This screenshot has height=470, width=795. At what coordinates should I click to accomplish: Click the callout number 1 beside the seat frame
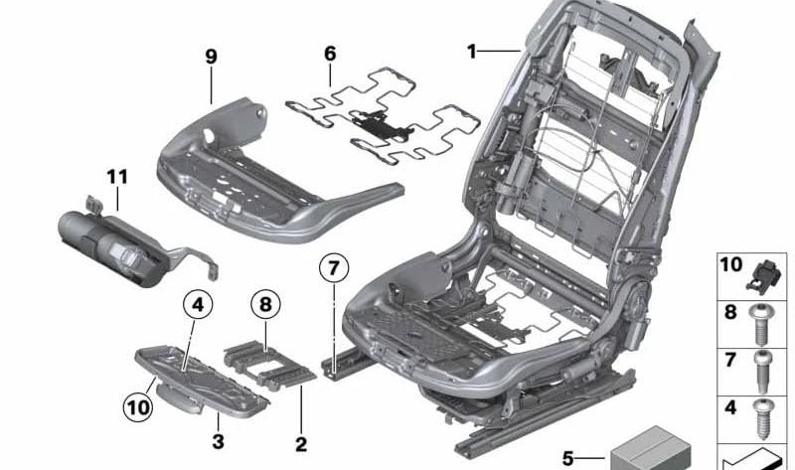point(472,52)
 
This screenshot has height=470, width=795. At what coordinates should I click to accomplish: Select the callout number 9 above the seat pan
point(211,57)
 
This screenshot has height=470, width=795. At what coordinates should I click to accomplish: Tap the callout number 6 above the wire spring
point(330,54)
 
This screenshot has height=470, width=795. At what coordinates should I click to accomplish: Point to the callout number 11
point(117,177)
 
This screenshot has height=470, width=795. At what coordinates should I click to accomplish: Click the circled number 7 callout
point(334,268)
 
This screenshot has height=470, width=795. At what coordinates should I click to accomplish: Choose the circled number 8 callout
point(265,305)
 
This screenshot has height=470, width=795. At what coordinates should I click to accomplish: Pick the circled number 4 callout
point(198,305)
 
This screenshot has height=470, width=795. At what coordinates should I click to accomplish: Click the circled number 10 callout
point(138,407)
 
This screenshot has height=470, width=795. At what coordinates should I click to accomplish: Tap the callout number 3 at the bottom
point(218,441)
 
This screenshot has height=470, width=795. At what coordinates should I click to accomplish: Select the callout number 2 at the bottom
point(301,444)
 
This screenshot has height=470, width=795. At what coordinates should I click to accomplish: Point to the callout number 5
point(567,459)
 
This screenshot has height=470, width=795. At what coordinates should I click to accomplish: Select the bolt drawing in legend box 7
point(761,372)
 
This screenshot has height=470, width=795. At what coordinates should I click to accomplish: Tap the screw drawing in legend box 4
point(762,418)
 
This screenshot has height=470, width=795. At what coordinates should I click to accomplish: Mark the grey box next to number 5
point(651,449)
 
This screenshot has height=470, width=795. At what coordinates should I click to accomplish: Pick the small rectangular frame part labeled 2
point(269,365)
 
